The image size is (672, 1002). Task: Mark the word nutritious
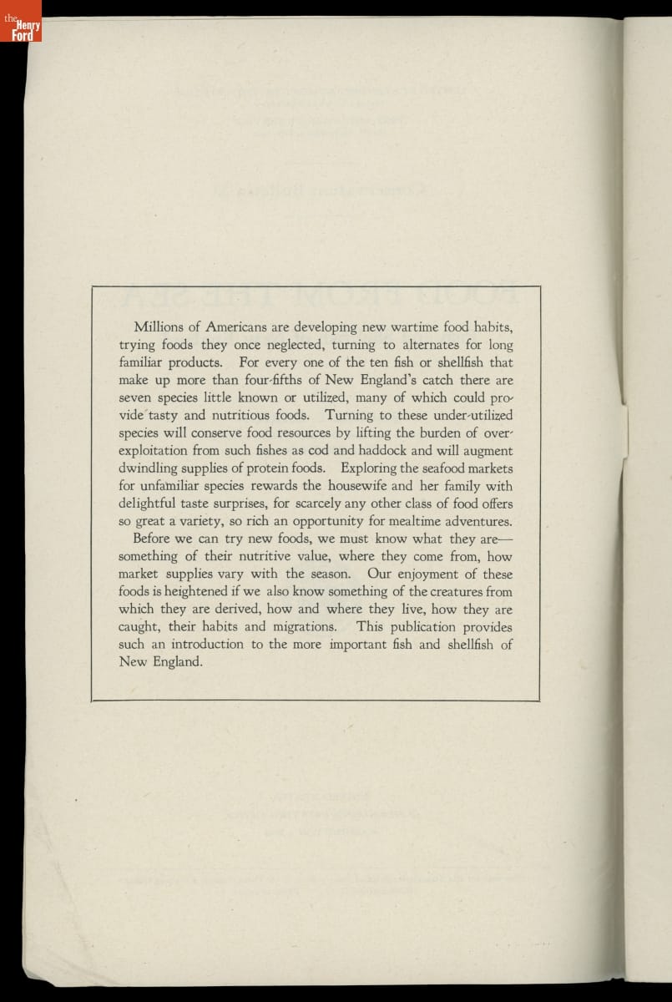(x=231, y=415)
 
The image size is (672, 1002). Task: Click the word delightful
(x=149, y=504)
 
